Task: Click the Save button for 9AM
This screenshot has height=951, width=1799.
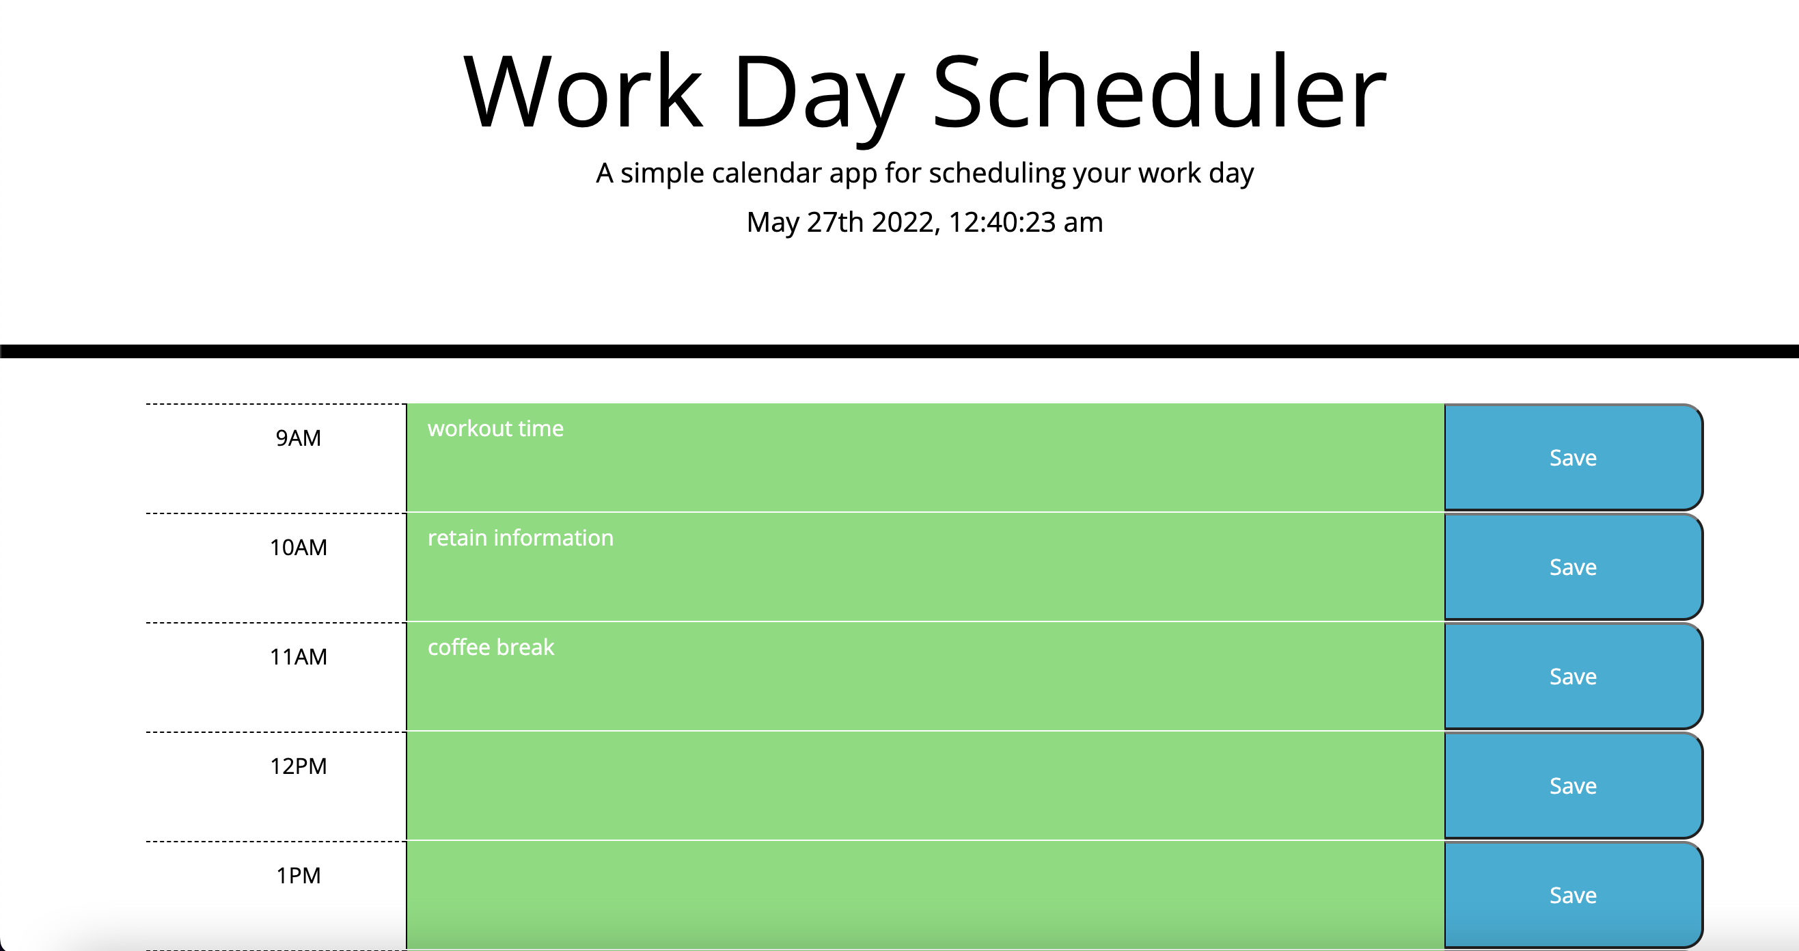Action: tap(1573, 457)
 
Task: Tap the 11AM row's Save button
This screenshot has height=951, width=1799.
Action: tap(1573, 676)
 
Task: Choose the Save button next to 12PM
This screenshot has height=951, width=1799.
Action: tap(1573, 786)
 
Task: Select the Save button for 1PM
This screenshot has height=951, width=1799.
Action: tap(1573, 895)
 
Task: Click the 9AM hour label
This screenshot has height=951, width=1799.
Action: tap(298, 438)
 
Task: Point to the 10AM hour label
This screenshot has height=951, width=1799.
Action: tap(298, 548)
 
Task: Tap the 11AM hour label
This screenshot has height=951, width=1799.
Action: tap(298, 657)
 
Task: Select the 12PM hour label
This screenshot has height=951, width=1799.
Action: tap(298, 766)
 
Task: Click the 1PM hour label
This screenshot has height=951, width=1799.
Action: tap(298, 876)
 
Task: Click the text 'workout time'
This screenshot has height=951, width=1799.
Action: tap(495, 429)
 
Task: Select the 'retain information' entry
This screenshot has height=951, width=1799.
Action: tap(520, 538)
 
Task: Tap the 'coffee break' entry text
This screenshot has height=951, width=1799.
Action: tap(491, 647)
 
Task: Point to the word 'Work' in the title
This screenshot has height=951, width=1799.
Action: tap(583, 93)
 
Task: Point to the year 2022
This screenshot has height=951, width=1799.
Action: tap(905, 222)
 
